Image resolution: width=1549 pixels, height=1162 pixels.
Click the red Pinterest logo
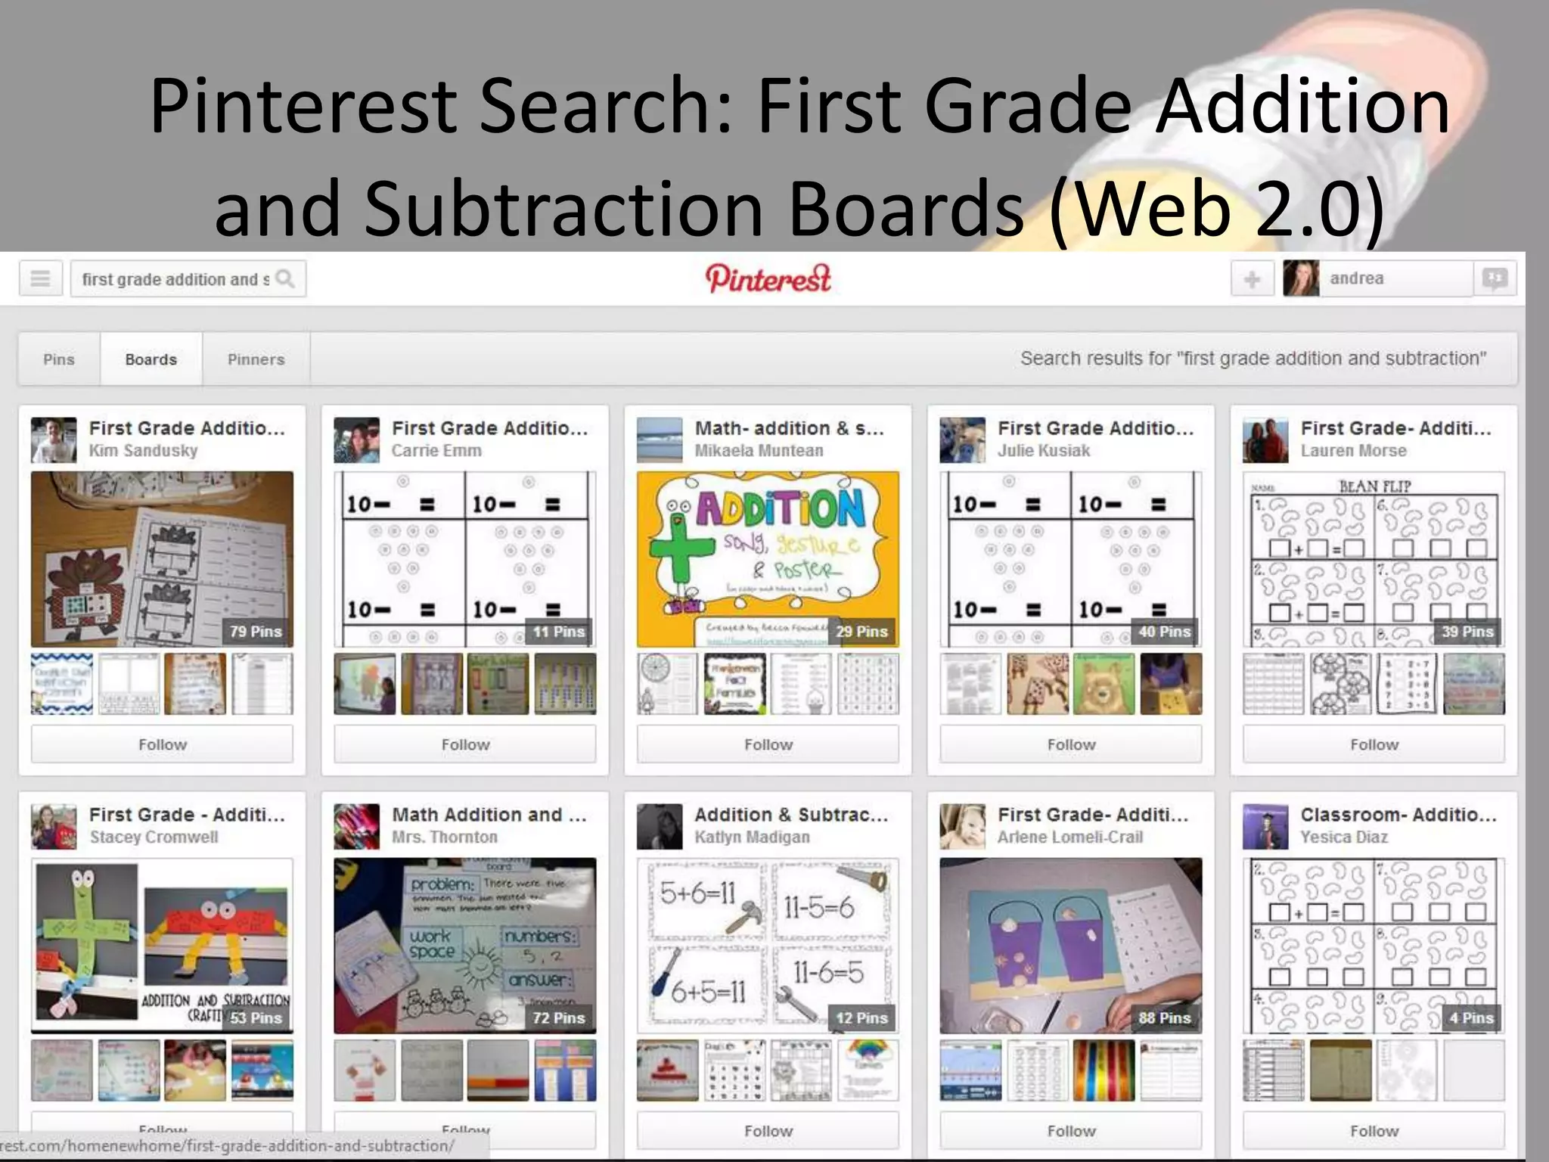[768, 279]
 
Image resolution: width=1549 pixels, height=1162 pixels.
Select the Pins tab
[59, 359]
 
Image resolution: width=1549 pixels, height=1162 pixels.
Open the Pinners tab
[256, 359]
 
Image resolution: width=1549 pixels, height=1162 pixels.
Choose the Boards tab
[151, 359]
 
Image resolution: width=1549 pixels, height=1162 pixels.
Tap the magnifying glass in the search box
[285, 279]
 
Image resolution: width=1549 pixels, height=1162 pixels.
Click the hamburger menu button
[40, 279]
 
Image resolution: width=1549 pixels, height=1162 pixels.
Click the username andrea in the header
[1356, 278]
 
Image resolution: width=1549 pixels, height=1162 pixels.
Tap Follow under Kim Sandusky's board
[162, 744]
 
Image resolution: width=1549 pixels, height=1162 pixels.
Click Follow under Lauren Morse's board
[1374, 744]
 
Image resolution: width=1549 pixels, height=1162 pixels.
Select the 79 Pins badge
[256, 632]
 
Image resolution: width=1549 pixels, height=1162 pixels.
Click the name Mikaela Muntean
[759, 451]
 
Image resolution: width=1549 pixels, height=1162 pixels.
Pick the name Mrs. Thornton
[445, 837]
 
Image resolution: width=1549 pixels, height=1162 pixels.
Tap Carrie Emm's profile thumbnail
[356, 440]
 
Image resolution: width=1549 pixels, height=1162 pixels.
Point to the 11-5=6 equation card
[818, 906]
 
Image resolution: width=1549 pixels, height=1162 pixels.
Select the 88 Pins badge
[1164, 1018]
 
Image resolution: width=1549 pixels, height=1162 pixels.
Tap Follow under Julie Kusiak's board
[1071, 744]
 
